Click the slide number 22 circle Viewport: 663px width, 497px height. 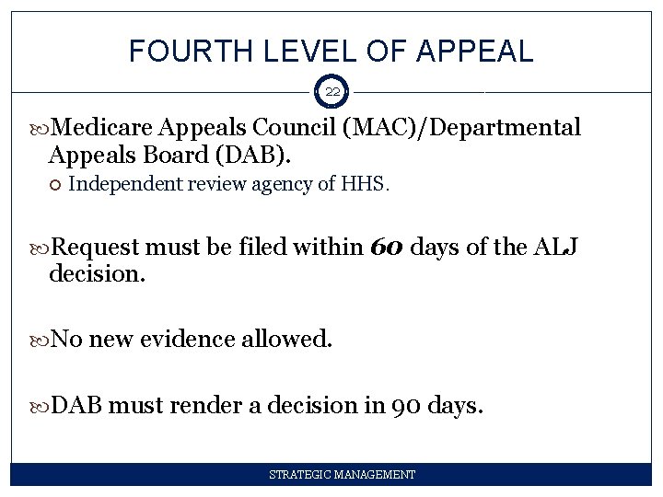pyautogui.click(x=331, y=92)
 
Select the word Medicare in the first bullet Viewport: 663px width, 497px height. pyautogui.click(x=104, y=128)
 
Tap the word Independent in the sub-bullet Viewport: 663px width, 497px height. pyautogui.click(x=126, y=185)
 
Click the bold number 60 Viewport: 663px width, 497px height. pyautogui.click(x=387, y=248)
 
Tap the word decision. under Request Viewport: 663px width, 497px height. pyautogui.click(x=98, y=273)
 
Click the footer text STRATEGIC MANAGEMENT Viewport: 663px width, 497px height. pyautogui.click(x=342, y=475)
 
